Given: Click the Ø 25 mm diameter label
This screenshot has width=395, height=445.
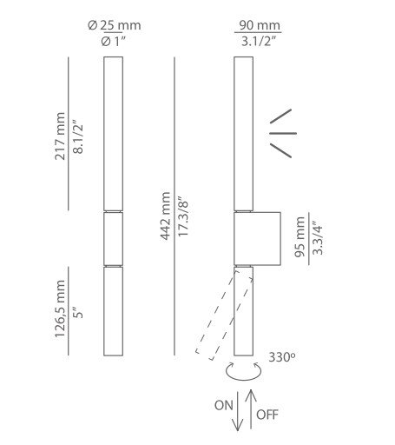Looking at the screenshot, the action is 115,25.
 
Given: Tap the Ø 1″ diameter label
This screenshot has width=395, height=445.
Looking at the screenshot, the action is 113,42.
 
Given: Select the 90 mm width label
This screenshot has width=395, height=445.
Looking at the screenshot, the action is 260,25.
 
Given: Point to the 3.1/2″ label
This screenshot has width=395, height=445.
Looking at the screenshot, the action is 259,42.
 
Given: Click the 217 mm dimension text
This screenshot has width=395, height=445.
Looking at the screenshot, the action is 60,136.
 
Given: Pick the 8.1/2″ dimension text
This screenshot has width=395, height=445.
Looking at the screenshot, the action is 78,136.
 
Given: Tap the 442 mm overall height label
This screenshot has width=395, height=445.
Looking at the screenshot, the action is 166,216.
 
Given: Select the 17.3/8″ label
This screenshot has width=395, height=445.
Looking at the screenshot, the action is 183,216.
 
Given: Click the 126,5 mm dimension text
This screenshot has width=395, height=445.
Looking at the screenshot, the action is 60,309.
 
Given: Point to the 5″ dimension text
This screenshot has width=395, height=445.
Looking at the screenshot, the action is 78,312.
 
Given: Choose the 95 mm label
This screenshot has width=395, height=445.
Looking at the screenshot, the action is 300,236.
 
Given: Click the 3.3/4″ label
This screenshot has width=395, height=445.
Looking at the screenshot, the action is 318,238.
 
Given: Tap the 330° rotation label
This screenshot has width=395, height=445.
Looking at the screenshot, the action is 282,357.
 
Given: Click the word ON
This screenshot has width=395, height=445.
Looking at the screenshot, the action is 224,405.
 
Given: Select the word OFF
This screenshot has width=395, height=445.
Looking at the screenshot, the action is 267,415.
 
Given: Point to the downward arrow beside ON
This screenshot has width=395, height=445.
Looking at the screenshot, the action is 238,411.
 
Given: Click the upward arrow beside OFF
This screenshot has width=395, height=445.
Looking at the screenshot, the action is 251,409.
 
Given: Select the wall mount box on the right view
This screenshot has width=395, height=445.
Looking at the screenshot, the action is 257,239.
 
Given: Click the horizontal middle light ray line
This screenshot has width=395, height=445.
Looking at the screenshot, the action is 283,133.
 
